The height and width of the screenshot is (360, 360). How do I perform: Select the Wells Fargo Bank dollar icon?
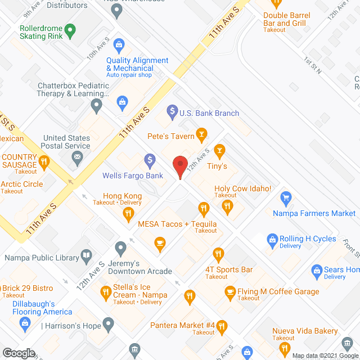coord(150,160)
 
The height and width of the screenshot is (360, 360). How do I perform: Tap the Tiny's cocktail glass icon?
coord(219,150)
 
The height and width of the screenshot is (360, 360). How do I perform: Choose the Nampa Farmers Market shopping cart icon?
coord(286,198)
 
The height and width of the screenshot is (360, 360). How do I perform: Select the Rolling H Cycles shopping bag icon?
coord(272,239)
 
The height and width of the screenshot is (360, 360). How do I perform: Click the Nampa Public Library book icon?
coord(86,258)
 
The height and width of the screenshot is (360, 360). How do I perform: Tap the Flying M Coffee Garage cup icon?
coord(229,292)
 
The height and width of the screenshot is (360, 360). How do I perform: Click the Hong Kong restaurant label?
coord(118,196)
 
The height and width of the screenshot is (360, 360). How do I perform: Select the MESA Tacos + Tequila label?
coord(177,224)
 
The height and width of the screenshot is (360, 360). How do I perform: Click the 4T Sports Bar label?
coord(229,270)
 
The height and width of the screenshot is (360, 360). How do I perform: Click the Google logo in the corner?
coord(18,353)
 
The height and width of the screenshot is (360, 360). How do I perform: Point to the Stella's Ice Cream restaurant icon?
coord(105,292)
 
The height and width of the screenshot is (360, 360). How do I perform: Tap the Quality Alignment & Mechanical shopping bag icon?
coord(119,44)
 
